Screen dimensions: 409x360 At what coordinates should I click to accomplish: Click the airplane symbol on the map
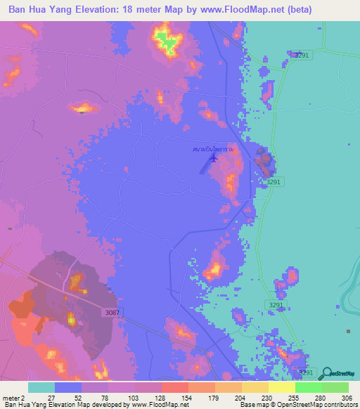coord(214,157)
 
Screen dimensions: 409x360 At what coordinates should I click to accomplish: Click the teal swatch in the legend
coord(41,387)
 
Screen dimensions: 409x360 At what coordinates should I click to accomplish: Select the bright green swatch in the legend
coord(308,387)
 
